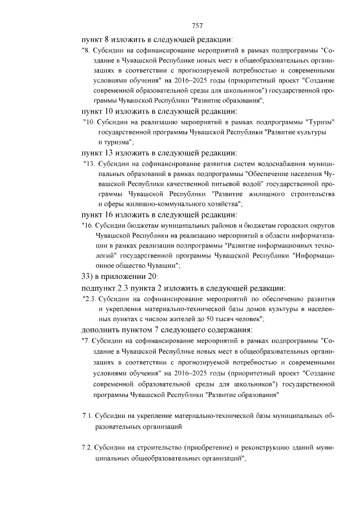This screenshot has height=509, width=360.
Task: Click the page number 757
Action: coord(197,25)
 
